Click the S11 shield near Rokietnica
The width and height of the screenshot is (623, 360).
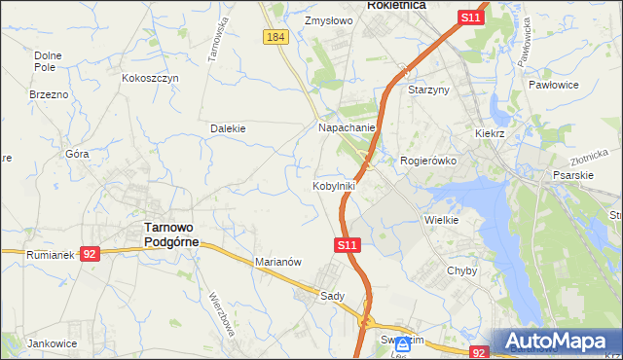click(470, 18)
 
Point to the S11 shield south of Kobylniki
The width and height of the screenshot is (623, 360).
click(348, 246)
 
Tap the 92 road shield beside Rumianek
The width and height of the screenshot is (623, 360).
click(90, 253)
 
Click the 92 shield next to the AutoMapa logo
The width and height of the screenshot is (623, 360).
click(478, 353)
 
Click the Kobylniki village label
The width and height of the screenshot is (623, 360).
click(333, 185)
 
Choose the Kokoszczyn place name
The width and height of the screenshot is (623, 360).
click(151, 78)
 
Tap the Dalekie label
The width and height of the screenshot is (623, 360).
click(228, 127)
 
